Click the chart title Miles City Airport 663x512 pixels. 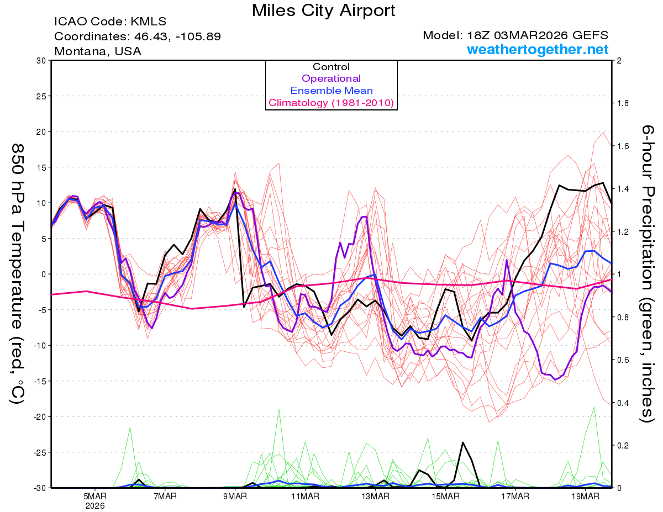323,10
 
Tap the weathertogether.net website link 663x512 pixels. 538,50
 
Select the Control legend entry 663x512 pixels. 331,67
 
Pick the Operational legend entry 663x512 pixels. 331,78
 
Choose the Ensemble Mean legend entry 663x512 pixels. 331,91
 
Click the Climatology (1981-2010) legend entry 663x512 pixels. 331,103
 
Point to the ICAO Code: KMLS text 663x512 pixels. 110,22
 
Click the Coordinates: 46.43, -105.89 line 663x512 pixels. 138,37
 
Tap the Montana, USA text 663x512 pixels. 98,51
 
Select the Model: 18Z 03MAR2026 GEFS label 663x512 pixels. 515,35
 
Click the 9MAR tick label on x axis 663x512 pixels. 235,496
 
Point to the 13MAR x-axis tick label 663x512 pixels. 375,496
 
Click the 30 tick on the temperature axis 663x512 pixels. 40,61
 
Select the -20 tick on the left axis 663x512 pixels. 39,416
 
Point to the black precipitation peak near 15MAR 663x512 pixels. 463,442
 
